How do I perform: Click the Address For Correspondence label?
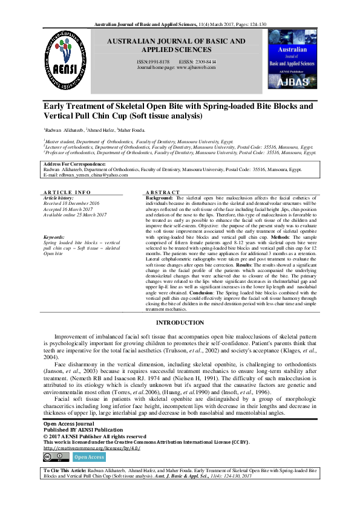(66, 164)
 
